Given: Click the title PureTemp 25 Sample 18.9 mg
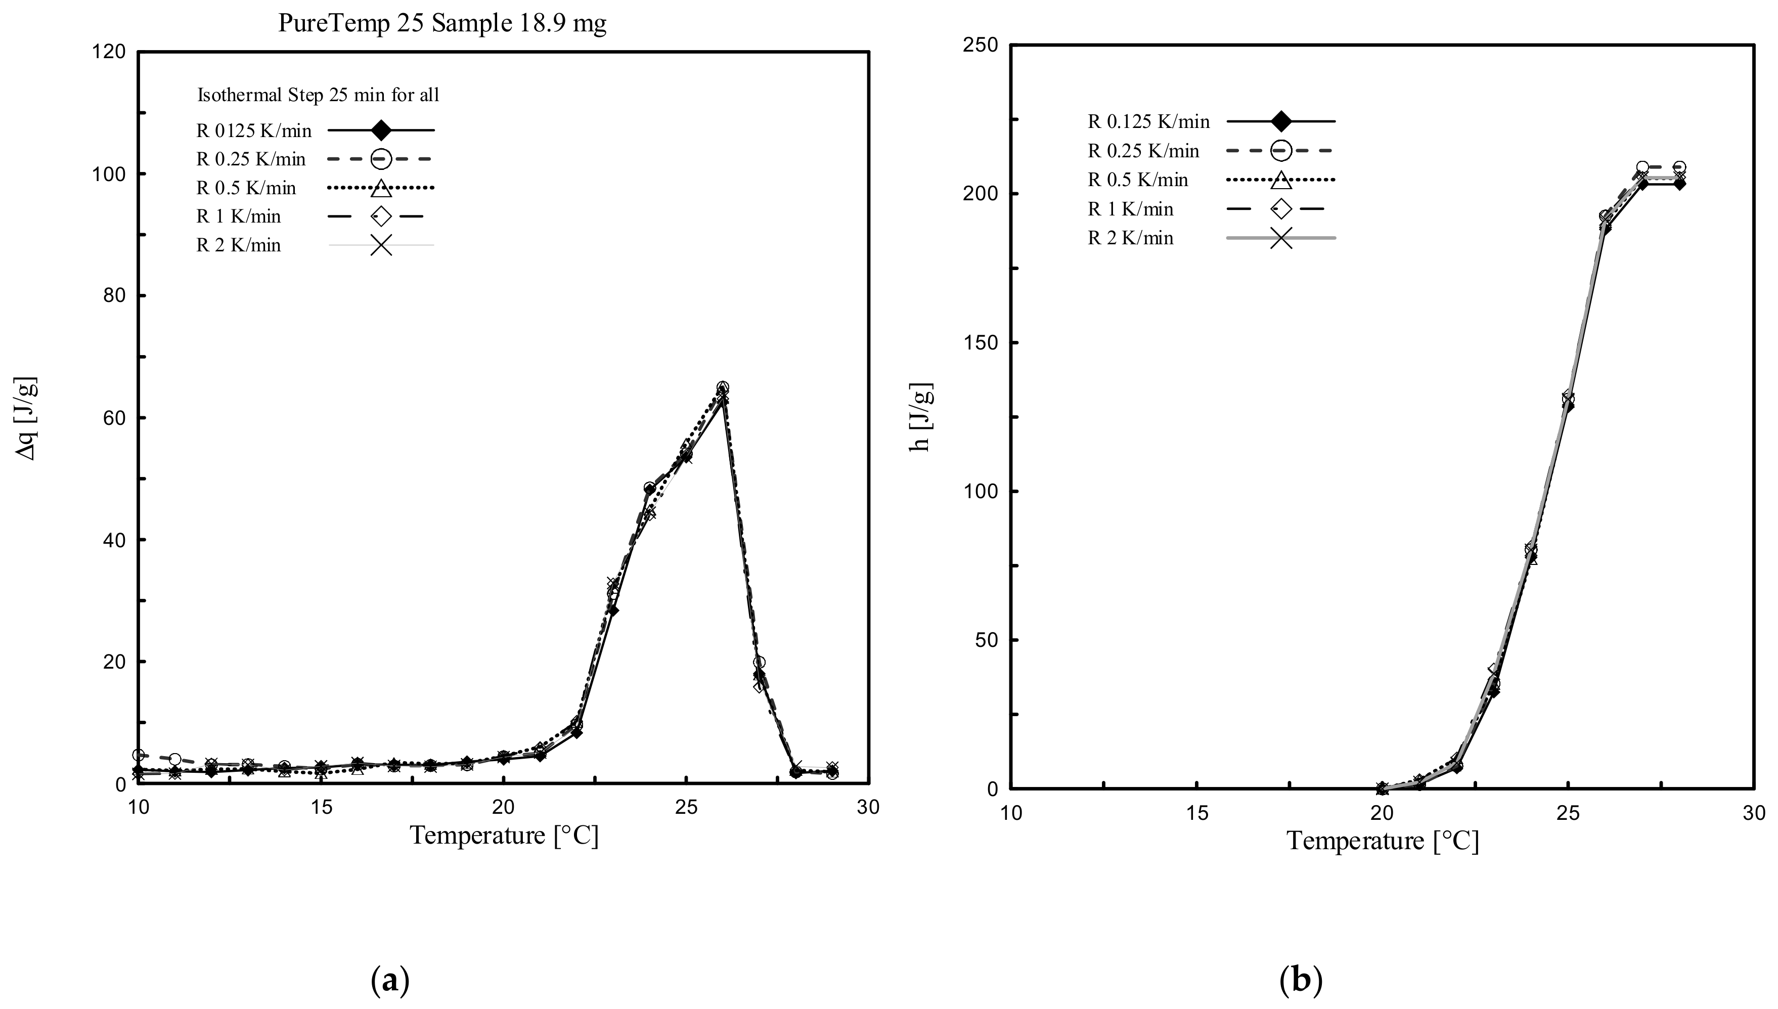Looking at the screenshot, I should [442, 24].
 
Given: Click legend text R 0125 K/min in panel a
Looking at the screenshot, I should [254, 130].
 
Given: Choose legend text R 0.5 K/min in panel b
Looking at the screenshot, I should [1138, 180].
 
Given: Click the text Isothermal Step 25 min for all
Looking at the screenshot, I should [318, 95].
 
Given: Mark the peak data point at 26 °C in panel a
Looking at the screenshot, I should [722, 388].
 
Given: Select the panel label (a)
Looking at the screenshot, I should [390, 981].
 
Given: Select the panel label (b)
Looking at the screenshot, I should [1301, 981].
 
